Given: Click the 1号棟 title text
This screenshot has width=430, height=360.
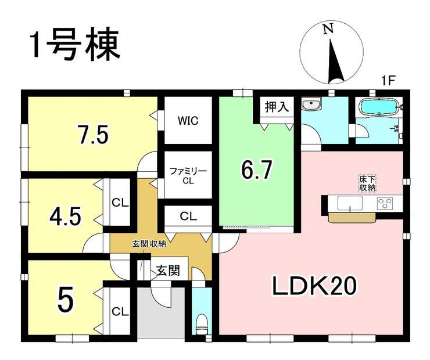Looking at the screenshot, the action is pos(76,44).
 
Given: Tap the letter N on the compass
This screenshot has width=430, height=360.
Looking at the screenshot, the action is pos(328,28).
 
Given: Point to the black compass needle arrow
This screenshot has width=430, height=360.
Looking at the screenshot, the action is pos(335,62).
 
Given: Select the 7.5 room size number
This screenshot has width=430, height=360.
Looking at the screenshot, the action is pos(93,135).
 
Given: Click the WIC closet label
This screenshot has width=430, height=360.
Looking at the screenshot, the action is pos(188,121).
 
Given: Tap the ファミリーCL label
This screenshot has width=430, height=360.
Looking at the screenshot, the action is pos(188,176).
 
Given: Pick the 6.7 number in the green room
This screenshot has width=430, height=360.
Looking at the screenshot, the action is pos(256,170).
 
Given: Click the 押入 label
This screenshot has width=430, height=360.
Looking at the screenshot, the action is pos(277,106).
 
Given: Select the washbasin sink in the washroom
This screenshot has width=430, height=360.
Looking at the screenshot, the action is pos(311,105).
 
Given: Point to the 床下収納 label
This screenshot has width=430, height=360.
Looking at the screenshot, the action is pos(367,183).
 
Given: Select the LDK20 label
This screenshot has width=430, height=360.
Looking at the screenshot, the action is pos(314,286).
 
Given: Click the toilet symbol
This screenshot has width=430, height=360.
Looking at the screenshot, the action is pos(202,324).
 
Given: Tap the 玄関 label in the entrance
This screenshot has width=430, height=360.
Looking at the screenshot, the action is pos(169,271).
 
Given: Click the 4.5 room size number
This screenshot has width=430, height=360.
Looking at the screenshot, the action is pos(65,217).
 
